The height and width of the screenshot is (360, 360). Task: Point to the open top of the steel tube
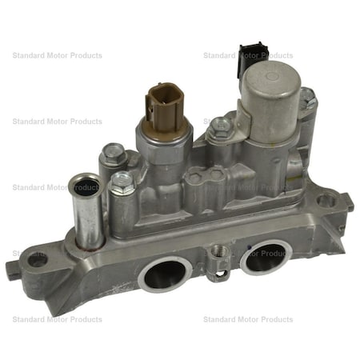coord(85,189)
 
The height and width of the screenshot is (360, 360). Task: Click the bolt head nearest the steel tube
coord(121,184)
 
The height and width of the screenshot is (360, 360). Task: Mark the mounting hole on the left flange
coord(37,259)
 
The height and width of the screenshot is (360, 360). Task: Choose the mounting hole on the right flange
coord(326,200)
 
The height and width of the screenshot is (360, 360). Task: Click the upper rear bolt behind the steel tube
coord(114,152)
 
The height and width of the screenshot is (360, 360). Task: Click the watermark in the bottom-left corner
coord(57,319)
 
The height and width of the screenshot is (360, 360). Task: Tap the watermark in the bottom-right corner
coord(248,319)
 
